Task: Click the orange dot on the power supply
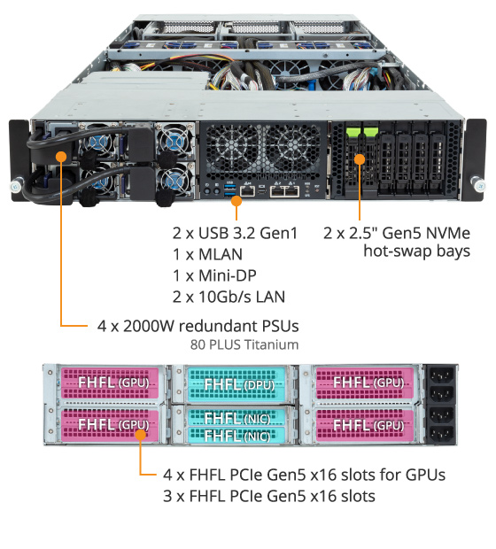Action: click(x=61, y=157)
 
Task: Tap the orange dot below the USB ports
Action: click(x=236, y=201)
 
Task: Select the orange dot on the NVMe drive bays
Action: click(x=360, y=159)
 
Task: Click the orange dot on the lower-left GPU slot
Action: click(x=141, y=435)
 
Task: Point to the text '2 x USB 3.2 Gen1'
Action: click(x=235, y=233)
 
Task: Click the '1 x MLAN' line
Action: click(x=207, y=254)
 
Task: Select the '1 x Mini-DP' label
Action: click(x=214, y=275)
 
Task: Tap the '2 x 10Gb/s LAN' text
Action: click(x=229, y=297)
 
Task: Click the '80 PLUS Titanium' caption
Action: click(x=244, y=344)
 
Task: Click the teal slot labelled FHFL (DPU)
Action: click(x=236, y=384)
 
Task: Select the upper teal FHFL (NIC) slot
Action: click(x=236, y=417)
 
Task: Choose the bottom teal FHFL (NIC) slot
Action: click(x=236, y=436)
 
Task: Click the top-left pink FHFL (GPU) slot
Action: click(x=110, y=382)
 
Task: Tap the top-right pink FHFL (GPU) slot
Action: click(x=365, y=382)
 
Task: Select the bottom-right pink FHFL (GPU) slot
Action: click(x=365, y=425)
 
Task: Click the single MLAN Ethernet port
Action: click(x=247, y=190)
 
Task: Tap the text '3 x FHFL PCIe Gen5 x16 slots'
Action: click(x=269, y=496)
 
